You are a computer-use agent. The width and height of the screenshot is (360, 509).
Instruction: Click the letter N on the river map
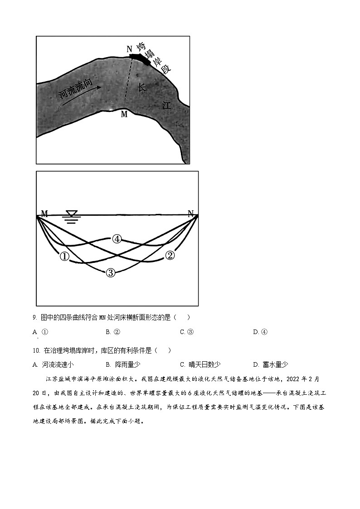tap(129, 49)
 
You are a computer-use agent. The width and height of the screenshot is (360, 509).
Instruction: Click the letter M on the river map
tap(124, 115)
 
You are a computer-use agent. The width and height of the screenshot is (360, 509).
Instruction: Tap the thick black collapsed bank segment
tap(140, 58)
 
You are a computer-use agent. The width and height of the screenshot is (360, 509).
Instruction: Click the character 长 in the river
tap(142, 87)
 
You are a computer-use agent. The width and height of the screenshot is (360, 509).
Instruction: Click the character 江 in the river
tap(166, 106)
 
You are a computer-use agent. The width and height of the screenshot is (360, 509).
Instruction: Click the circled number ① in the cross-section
tap(64, 257)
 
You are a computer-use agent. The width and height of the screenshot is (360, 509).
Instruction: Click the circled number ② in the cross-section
tap(170, 255)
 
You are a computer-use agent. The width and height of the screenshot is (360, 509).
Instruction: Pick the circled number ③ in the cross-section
tap(110, 272)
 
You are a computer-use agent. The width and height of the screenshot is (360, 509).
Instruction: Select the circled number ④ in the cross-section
tap(117, 239)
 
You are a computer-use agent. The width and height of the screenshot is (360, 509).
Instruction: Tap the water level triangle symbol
tap(72, 213)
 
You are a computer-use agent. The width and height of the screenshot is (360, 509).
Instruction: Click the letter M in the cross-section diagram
tap(44, 213)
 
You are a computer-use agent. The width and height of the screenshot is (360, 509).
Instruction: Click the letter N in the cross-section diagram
tap(191, 213)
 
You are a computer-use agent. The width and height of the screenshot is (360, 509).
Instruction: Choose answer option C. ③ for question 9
tap(187, 332)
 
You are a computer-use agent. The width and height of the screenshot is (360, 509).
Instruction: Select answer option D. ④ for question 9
tap(260, 332)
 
